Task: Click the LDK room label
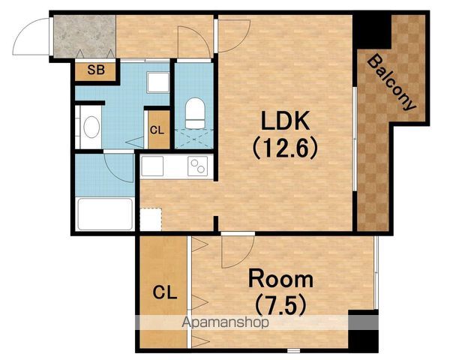tap(286, 121)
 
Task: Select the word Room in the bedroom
tap(280, 279)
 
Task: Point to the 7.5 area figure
tap(280, 305)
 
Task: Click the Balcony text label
tap(391, 82)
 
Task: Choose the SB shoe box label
tap(96, 70)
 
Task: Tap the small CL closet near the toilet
tap(157, 130)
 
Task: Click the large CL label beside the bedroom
tap(165, 293)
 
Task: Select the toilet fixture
tap(195, 113)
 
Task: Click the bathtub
tap(105, 214)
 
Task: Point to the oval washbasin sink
tap(91, 127)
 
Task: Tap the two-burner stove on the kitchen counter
tap(197, 166)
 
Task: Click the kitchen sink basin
tap(152, 166)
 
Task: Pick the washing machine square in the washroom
tap(157, 82)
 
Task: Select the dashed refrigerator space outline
tap(151, 218)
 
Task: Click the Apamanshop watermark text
tap(225, 322)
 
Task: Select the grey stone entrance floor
tap(84, 36)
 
